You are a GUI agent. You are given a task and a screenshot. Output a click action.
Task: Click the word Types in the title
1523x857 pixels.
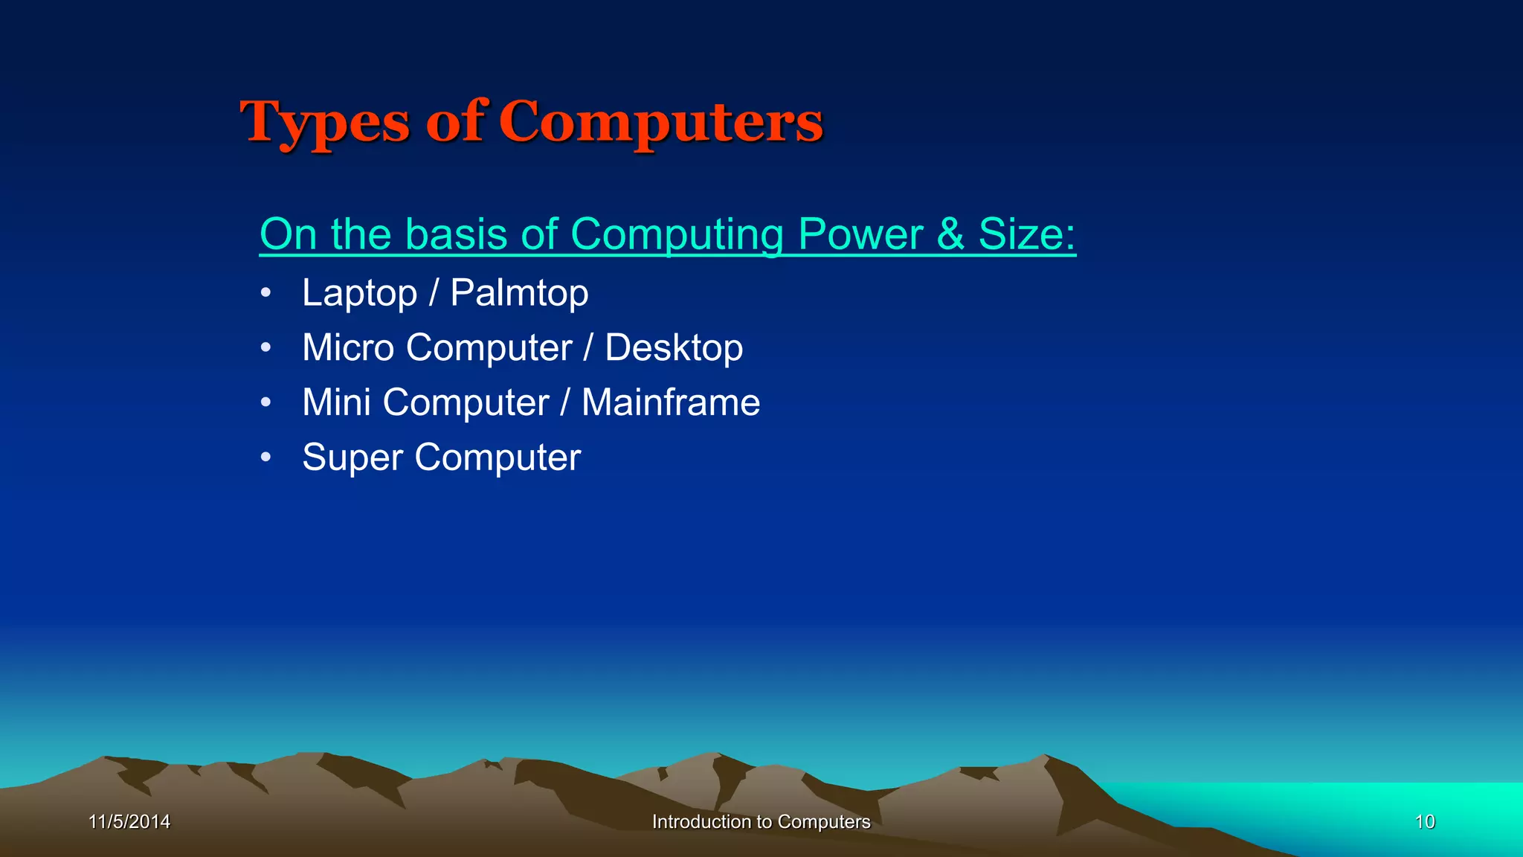coord(324,123)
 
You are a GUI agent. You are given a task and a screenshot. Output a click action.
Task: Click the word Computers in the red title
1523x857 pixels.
coord(660,123)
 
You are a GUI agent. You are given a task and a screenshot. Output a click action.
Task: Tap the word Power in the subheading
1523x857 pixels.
coord(860,234)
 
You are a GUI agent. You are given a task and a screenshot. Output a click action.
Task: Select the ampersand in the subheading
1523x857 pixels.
coord(950,234)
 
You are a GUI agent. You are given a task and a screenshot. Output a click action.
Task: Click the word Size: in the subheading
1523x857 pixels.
coord(1027,234)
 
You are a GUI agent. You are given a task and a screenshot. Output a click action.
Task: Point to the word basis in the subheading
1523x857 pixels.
coord(456,234)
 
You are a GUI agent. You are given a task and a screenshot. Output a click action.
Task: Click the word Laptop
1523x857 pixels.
coord(359,293)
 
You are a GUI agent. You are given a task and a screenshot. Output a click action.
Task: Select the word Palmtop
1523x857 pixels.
coord(519,293)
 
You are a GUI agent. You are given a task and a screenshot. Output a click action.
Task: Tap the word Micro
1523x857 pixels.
coord(347,347)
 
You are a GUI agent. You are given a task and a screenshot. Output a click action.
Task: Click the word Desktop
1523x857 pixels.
coord(674,348)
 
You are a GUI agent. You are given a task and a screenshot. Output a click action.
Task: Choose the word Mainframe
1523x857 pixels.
coord(671,402)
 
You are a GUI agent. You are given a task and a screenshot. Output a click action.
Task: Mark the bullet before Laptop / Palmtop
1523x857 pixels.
coord(265,293)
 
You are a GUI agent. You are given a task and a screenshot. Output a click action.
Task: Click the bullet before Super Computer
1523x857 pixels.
coord(265,458)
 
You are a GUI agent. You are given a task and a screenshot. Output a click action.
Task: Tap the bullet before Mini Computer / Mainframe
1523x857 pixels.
coord(265,402)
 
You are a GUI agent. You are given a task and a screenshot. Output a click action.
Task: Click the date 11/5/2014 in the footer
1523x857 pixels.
coord(129,821)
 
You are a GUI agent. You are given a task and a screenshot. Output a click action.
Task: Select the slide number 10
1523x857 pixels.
coord(1424,821)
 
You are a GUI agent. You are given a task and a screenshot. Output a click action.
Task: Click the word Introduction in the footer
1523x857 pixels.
coord(701,821)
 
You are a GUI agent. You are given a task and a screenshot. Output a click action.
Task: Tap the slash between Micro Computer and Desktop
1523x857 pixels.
coord(588,348)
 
